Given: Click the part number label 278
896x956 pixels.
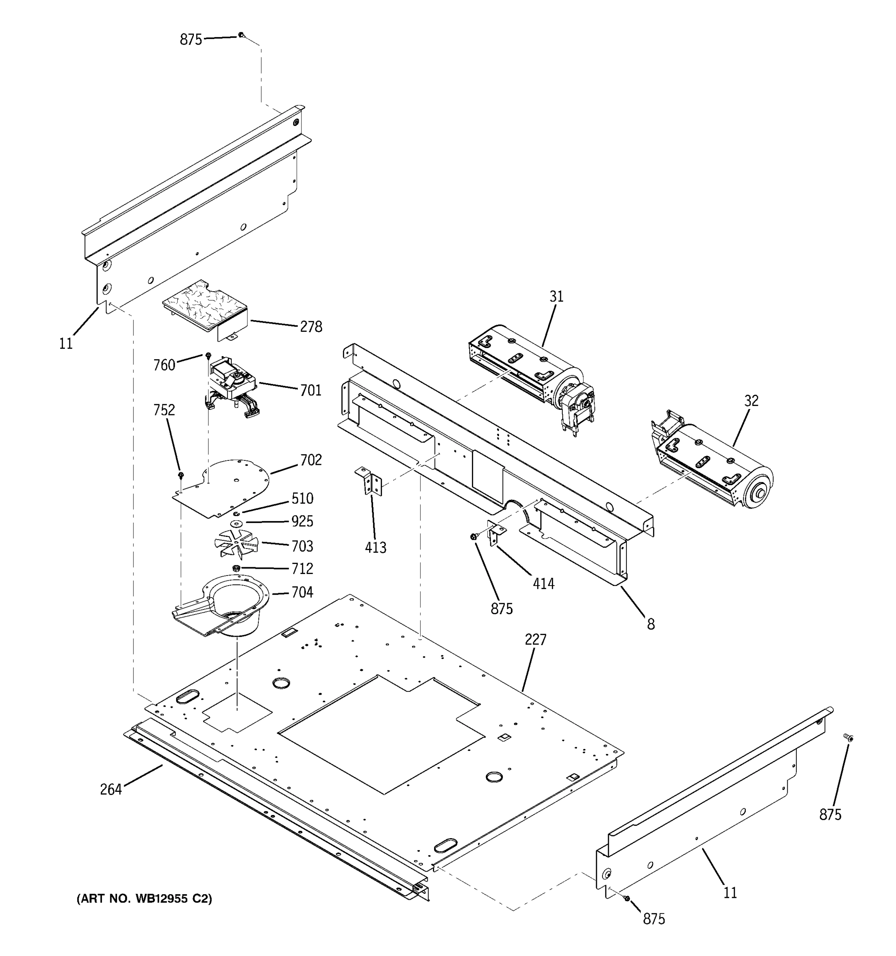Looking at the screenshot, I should coord(311,327).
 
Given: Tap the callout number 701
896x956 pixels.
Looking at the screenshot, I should coord(311,390).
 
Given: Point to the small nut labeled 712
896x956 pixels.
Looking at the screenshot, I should coord(236,568).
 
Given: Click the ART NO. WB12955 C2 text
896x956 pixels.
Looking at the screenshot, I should coord(144,899).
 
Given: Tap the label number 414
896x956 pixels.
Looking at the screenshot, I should coord(544,584).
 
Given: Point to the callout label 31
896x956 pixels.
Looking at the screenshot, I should coord(556,297).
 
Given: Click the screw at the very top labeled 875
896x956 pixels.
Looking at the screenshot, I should coord(241,35).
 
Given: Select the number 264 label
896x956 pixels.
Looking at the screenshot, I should coord(111,789).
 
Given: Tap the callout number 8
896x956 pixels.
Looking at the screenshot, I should coord(650,625).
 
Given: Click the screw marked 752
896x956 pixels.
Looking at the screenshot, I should coord(181,475).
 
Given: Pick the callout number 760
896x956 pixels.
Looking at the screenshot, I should coord(164,366).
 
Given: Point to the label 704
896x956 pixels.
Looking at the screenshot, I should coord(302,592).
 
